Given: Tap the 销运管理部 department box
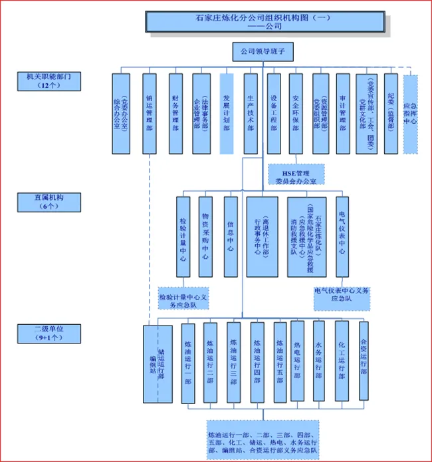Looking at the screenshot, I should pos(150,113).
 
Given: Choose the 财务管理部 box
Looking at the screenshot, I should pos(175,113).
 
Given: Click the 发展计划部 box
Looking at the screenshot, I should pos(226,113).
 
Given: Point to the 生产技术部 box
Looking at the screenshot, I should pos(250,113).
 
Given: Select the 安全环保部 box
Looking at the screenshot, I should pos(296,113).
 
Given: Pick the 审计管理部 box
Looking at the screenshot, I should pos(342,113).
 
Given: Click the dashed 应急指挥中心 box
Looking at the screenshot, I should pos(411,114).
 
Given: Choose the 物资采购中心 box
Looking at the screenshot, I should pos(206,236).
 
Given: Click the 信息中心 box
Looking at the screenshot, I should pos(230,236).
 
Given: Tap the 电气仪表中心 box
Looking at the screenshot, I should pos(342,236).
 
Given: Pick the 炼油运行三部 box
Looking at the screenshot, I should pos(233,363).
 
